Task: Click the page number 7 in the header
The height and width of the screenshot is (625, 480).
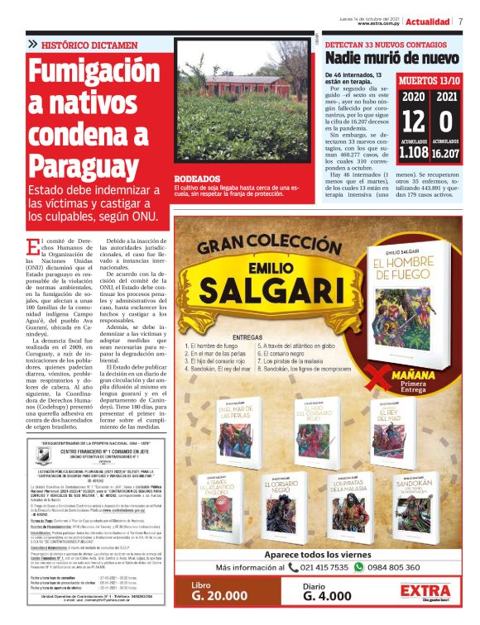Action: click(x=461, y=21)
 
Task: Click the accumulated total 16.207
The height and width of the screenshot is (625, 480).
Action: click(x=446, y=153)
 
